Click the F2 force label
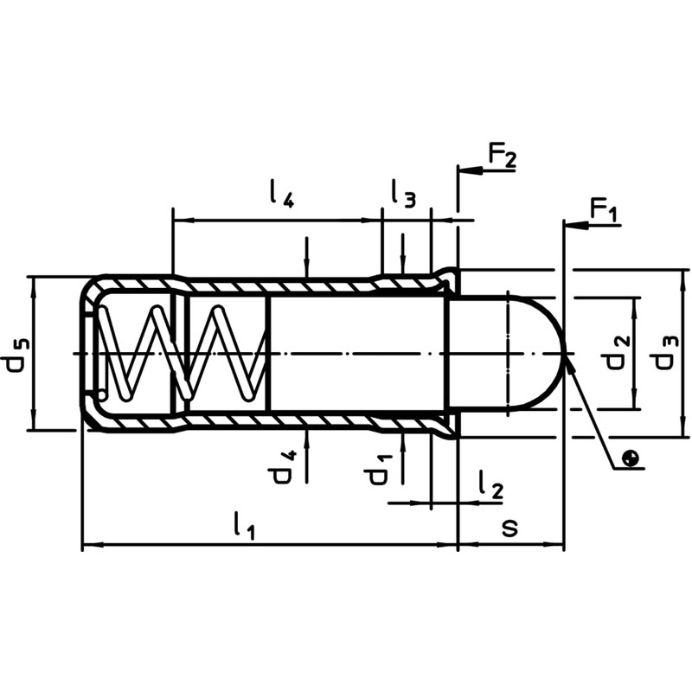click(502, 156)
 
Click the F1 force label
click(605, 210)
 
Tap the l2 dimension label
click(490, 486)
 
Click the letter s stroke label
click(510, 527)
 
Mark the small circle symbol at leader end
click(633, 458)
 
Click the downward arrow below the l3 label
click(402, 264)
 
